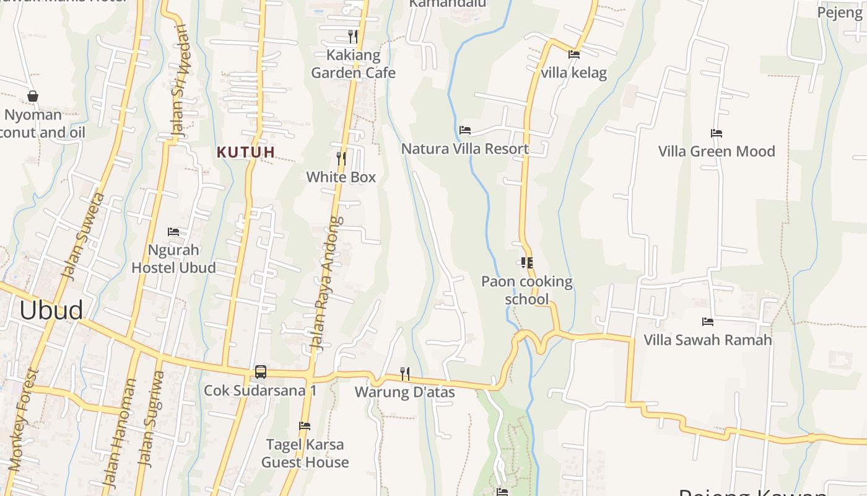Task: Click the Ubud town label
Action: [51, 310]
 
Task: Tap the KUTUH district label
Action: [246, 152]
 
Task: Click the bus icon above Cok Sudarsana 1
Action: [261, 372]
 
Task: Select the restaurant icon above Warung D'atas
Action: [405, 373]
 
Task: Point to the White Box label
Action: [341, 177]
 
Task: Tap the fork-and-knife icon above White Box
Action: [341, 158]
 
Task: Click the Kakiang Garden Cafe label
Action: [353, 64]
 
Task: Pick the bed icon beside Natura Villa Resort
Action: [465, 130]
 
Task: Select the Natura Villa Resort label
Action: [465, 149]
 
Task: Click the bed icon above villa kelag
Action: [574, 54]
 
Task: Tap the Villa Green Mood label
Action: [717, 151]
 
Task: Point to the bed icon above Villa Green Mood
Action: [717, 133]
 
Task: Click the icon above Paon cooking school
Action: [527, 263]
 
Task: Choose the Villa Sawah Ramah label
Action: [708, 340]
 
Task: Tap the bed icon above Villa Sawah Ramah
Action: [708, 321]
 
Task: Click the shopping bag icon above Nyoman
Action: [33, 96]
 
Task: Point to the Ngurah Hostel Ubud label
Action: [173, 259]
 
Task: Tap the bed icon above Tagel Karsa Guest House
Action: [305, 426]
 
